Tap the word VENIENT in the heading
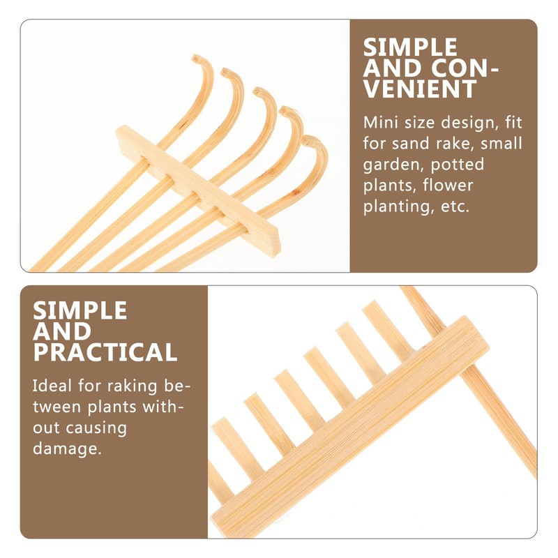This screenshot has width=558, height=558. (421, 89)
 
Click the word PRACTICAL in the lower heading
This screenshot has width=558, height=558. (105, 352)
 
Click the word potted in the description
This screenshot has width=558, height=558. (458, 165)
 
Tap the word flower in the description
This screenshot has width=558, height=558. (450, 186)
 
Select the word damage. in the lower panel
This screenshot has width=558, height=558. (67, 448)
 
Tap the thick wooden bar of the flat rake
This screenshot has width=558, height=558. (349, 418)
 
